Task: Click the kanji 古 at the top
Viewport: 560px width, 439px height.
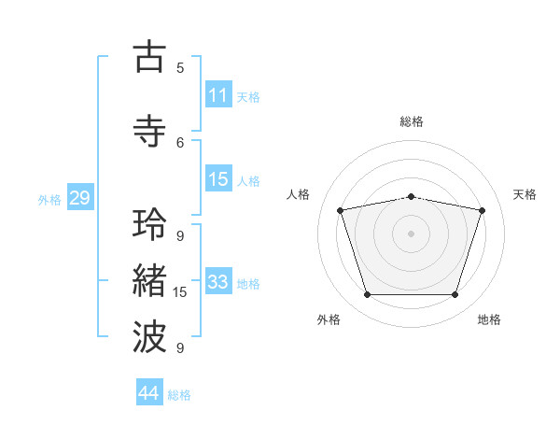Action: (149, 56)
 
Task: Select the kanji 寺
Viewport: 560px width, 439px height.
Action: (149, 131)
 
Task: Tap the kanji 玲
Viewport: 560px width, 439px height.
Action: (149, 224)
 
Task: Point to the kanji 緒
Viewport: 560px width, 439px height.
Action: (149, 280)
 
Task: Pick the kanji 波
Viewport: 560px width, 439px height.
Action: (149, 336)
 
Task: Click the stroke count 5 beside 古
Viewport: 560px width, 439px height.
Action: (180, 68)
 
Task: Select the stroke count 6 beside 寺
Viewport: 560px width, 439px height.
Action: (180, 143)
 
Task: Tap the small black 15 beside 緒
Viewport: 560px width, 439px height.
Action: (179, 292)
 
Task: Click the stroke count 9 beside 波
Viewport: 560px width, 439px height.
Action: (180, 347)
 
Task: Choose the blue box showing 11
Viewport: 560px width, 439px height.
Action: (218, 94)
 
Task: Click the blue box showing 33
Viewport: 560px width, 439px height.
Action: (218, 280)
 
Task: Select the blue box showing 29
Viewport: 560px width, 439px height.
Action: (80, 197)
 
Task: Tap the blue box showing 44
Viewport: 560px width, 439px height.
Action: (149, 391)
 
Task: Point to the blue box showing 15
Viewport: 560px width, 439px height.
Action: (218, 178)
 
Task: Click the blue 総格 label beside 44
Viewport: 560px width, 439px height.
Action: (179, 395)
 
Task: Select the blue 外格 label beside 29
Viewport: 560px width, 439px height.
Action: (49, 200)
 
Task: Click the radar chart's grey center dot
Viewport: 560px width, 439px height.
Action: (411, 234)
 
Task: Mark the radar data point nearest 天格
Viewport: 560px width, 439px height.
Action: (482, 210)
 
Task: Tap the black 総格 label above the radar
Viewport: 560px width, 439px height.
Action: (412, 121)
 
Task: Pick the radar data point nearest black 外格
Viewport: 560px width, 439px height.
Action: (368, 294)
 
